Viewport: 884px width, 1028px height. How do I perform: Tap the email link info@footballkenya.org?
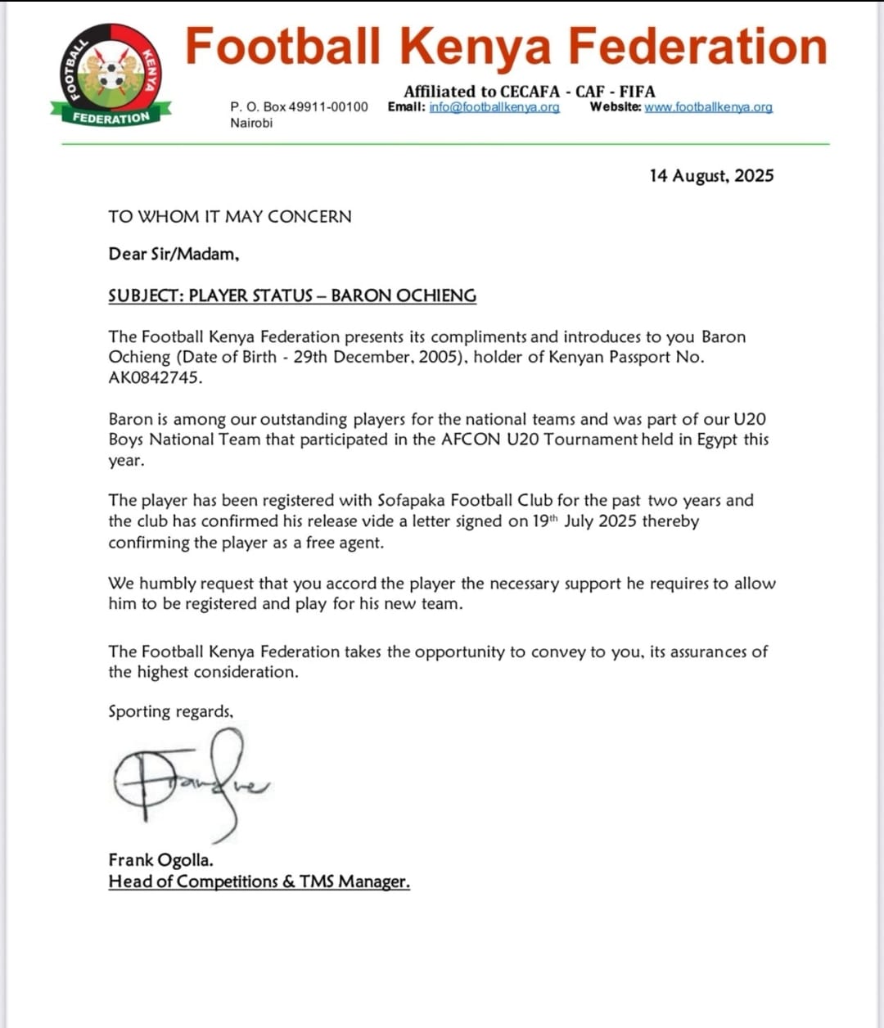pos(494,107)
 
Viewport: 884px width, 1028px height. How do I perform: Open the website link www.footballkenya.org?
pos(708,107)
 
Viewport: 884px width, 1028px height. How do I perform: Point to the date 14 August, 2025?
pos(711,176)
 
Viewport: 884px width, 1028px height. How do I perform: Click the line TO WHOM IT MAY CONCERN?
pos(230,217)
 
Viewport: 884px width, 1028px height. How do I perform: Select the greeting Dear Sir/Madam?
pos(174,255)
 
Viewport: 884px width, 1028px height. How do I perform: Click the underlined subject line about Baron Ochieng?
pos(292,295)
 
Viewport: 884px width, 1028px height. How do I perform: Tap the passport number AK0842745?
pos(155,377)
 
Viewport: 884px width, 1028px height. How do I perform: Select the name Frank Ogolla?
pos(160,860)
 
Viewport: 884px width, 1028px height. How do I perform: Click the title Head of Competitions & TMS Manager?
pos(259,881)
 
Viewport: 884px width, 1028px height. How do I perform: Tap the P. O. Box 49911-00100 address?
pos(299,107)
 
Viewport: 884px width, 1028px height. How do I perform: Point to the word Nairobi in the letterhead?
pos(251,123)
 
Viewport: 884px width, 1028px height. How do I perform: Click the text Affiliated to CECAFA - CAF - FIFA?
pos(529,91)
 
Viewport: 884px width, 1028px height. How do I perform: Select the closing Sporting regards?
pos(170,711)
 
